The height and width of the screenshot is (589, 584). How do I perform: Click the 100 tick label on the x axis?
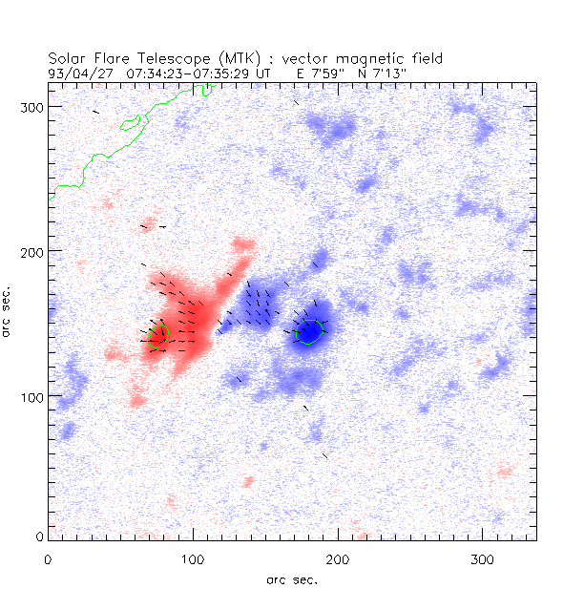point(193,557)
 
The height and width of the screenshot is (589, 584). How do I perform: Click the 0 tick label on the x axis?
point(48,557)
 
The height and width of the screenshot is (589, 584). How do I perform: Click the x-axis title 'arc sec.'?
point(292,578)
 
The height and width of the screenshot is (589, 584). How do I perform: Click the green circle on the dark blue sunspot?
point(309,332)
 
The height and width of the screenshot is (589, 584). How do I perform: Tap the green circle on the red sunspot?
point(159,334)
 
